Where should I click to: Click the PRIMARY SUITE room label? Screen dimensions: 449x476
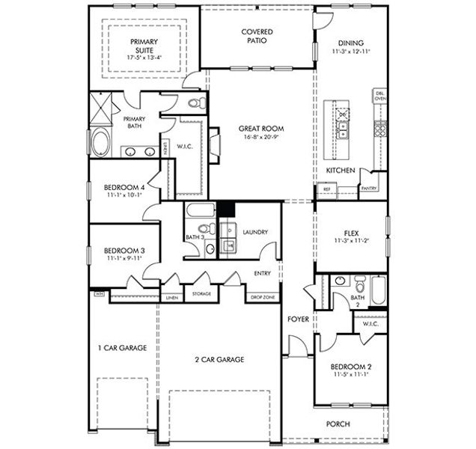click(143, 46)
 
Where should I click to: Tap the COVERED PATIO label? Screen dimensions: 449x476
click(257, 36)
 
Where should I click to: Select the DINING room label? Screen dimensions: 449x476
click(351, 43)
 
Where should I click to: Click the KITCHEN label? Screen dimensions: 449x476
click(340, 171)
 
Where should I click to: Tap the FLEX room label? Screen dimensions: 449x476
click(351, 232)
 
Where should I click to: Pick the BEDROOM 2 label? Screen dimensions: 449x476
click(351, 367)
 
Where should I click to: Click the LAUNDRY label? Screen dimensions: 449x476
click(254, 233)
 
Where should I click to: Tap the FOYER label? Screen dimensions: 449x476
click(299, 320)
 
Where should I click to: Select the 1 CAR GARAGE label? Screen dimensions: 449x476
click(122, 348)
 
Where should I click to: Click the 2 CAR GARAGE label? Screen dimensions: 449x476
click(220, 359)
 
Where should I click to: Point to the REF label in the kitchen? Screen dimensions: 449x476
click(327, 189)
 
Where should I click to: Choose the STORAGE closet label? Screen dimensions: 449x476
click(201, 294)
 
